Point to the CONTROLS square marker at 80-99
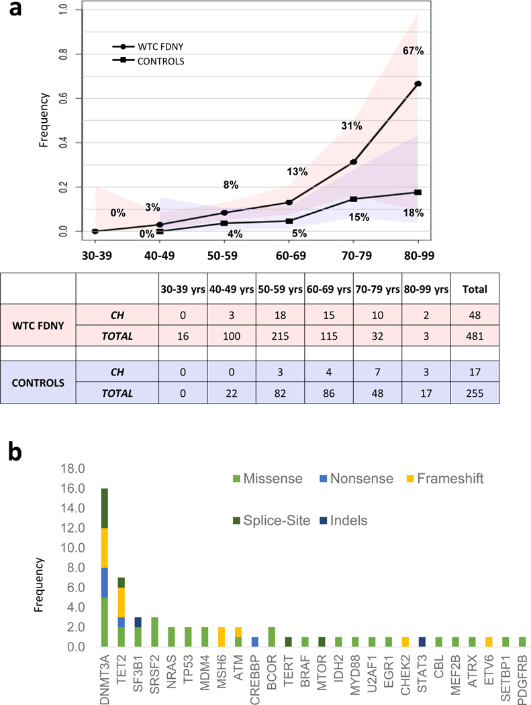(x=418, y=193)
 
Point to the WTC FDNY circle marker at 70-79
(x=353, y=162)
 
